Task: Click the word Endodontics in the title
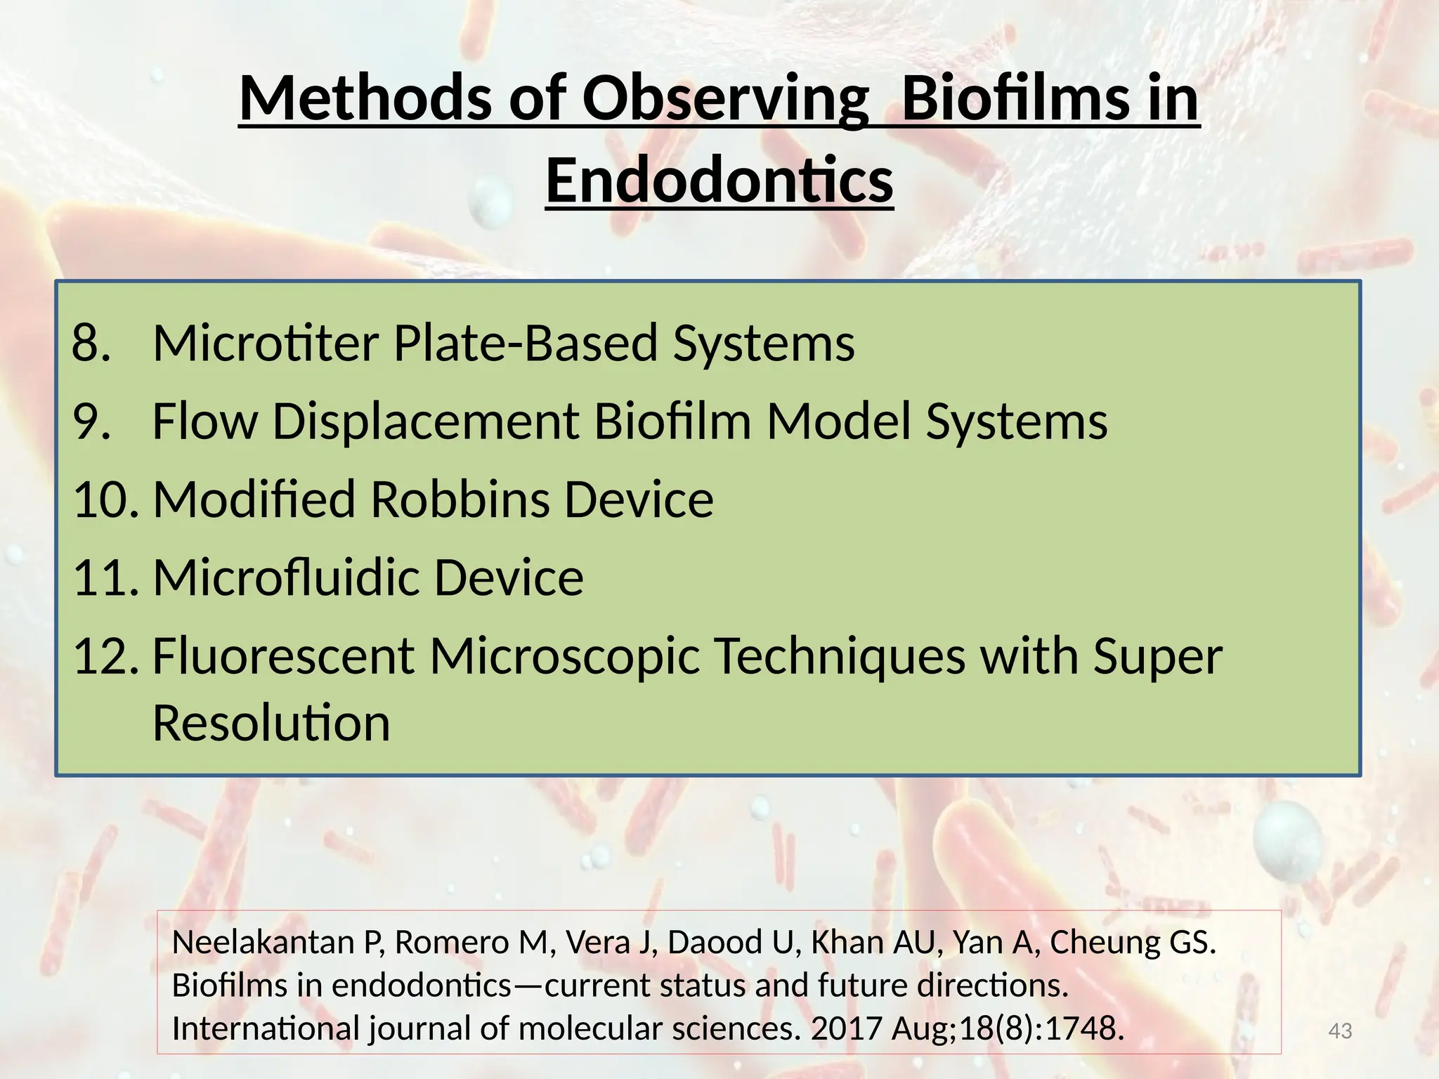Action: pos(719,181)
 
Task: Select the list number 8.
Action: pos(91,344)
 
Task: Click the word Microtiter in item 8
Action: pos(266,344)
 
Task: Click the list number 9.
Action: pos(91,421)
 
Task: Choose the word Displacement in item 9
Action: pos(425,421)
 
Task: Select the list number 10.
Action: pos(105,499)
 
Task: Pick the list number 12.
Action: pos(105,656)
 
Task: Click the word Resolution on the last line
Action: pos(271,723)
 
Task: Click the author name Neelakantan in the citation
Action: pos(263,943)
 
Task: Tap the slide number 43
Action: pos(1340,1031)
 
